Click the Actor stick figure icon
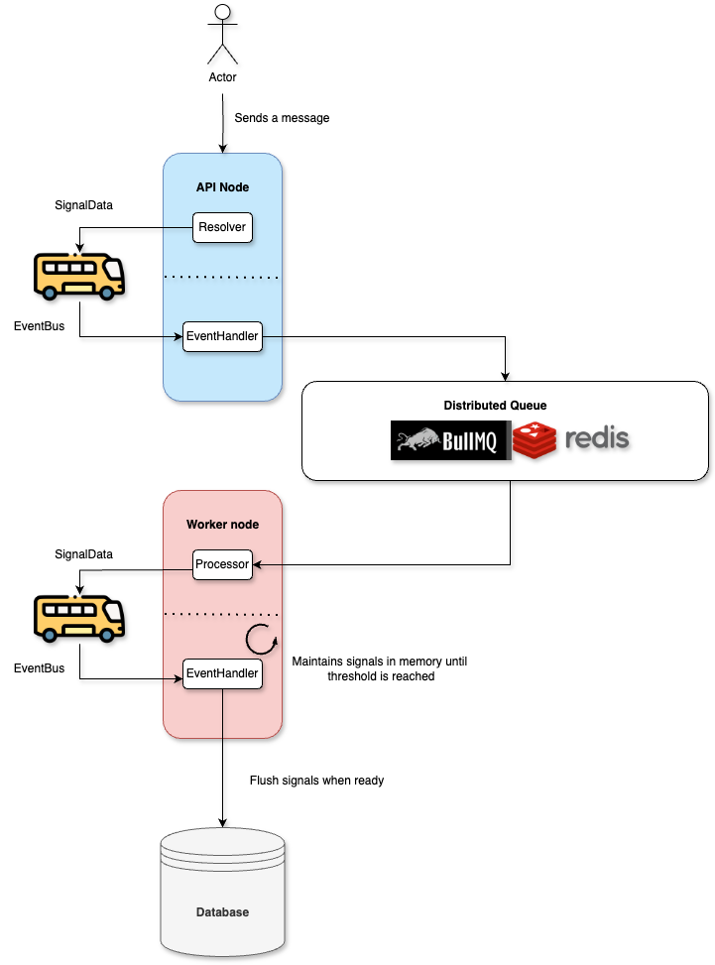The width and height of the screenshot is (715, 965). [x=223, y=33]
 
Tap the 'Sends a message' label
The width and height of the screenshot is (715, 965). [x=282, y=118]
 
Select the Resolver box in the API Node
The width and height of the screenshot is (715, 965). [x=222, y=227]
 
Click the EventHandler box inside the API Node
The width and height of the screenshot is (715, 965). [x=222, y=336]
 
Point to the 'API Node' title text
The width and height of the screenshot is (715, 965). [x=222, y=186]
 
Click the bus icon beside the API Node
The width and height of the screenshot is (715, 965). [x=79, y=275]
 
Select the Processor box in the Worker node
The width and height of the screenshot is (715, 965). [x=222, y=564]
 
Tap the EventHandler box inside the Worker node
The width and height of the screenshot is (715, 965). [x=222, y=673]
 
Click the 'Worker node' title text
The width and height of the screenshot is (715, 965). [x=222, y=524]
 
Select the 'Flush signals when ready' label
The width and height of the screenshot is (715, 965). [x=316, y=781]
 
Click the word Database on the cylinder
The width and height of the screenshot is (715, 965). [x=222, y=911]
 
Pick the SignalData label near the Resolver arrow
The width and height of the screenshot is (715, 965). [x=83, y=205]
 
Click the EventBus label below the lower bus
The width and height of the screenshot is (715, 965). [x=40, y=668]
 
